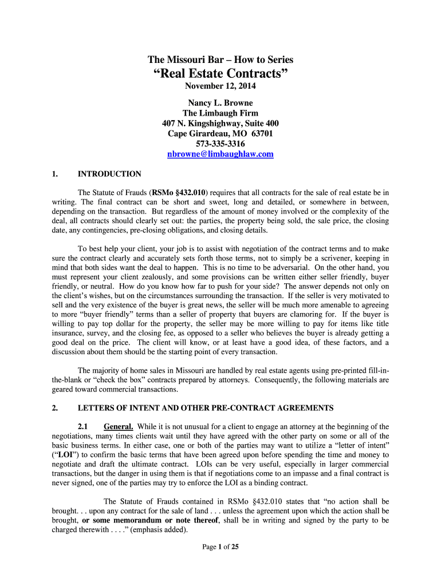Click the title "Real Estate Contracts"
click(x=220, y=73)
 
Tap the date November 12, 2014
click(x=220, y=86)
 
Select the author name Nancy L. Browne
click(x=220, y=103)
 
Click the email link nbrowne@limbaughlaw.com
click(x=220, y=155)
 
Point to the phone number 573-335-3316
click(x=220, y=144)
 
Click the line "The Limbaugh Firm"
click(x=220, y=113)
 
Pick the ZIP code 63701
click(x=261, y=134)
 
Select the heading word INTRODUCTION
click(x=109, y=174)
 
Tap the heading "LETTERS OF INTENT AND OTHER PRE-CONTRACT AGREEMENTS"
click(x=205, y=408)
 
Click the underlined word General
click(x=119, y=426)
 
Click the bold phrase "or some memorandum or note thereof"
click(x=151, y=520)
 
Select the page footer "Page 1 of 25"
click(x=220, y=547)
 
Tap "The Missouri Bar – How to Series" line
click(x=220, y=60)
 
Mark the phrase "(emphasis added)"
click(x=159, y=529)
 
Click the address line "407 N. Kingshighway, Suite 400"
click(x=220, y=124)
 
